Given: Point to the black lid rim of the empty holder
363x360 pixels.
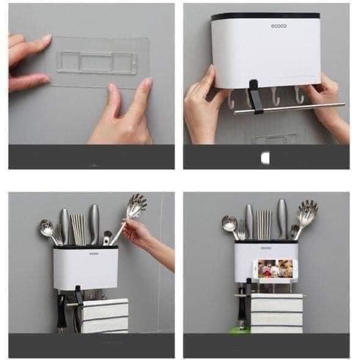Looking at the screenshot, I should pyautogui.click(x=265, y=15).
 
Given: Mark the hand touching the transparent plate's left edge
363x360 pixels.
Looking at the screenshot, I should pyautogui.click(x=27, y=61).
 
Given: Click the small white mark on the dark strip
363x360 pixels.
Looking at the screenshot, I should pyautogui.click(x=264, y=158).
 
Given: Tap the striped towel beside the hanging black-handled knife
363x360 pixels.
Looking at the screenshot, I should pyautogui.click(x=104, y=314).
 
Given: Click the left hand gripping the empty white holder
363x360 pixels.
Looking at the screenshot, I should pyautogui.click(x=201, y=104).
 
